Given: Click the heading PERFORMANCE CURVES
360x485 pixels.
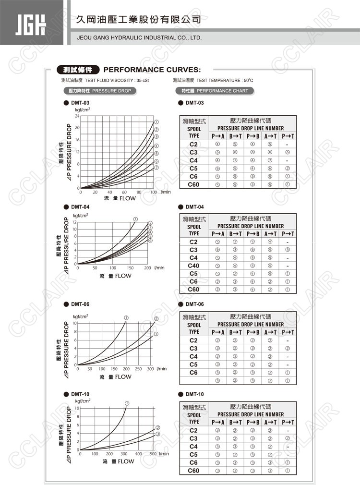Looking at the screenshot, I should pos(152,69).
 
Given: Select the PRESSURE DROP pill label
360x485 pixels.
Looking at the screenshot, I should pos(97,91).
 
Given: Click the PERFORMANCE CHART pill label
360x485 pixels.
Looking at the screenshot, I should pos(214,91).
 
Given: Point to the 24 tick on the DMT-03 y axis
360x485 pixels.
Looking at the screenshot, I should pos(76,116).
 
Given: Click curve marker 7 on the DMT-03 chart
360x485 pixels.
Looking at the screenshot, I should pos(156,168).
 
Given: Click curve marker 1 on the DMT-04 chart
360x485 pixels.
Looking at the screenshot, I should pos(136,219).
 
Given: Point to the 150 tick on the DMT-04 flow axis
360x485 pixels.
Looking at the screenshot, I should pos(130,268).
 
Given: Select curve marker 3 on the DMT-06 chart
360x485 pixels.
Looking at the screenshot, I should pos(156,334).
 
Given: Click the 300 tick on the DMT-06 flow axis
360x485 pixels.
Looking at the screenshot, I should pos(150,369).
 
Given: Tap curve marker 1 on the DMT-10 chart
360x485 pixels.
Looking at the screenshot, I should pos(127,403).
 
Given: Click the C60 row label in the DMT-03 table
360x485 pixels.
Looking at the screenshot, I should pos(193,184).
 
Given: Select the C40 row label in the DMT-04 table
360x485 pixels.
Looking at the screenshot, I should pos(193,266).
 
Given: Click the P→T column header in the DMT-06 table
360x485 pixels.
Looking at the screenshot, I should pos(288,332).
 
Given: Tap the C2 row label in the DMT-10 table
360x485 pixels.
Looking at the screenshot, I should pos(193,430).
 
